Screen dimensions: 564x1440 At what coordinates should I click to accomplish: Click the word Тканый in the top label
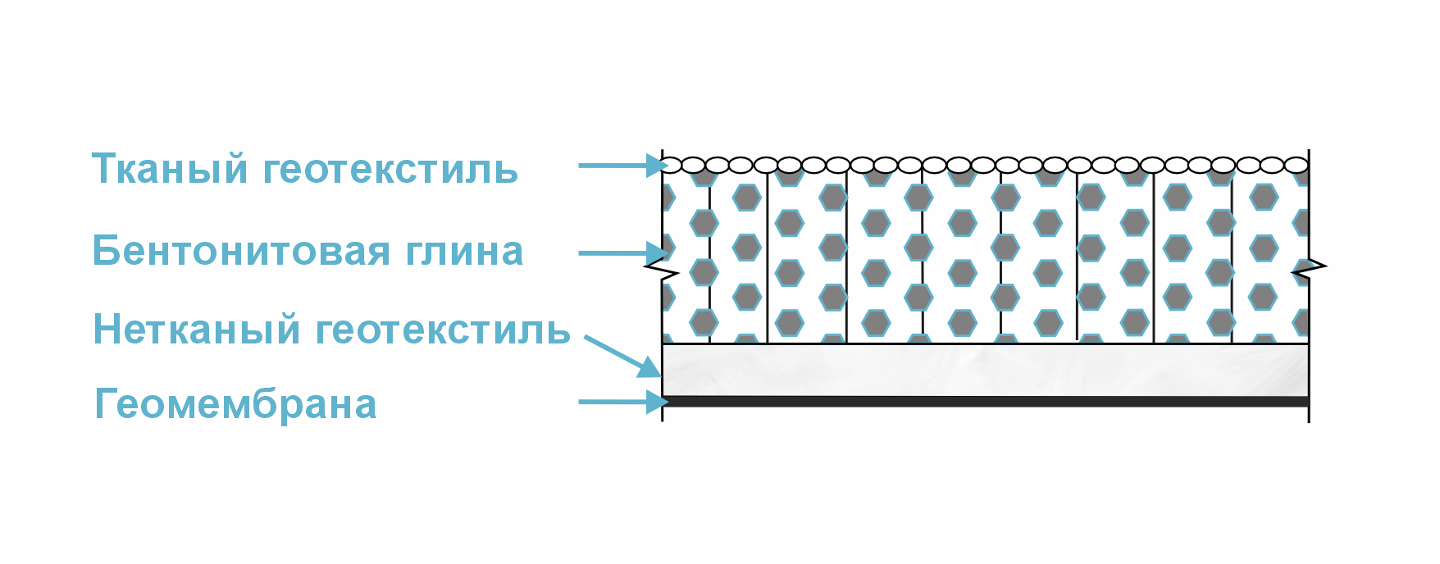[169, 169]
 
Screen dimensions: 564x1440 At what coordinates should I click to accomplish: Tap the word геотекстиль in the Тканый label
[390, 169]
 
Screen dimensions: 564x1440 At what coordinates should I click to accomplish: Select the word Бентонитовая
[240, 251]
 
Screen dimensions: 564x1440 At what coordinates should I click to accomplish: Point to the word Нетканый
[197, 330]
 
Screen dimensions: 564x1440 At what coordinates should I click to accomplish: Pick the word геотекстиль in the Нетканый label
[443, 330]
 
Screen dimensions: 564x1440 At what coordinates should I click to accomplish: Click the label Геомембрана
[236, 404]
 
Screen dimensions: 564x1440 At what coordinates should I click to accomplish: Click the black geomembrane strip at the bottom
[984, 402]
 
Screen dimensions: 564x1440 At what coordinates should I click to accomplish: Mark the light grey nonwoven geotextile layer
[984, 370]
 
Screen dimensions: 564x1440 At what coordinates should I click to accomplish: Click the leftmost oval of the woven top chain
[672, 166]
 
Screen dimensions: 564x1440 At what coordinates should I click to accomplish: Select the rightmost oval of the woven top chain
[1296, 166]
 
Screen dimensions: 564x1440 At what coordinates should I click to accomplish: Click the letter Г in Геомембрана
[104, 404]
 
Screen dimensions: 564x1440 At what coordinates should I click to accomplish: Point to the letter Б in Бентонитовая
[106, 251]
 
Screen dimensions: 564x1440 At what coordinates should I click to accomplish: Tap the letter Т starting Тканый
[103, 169]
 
